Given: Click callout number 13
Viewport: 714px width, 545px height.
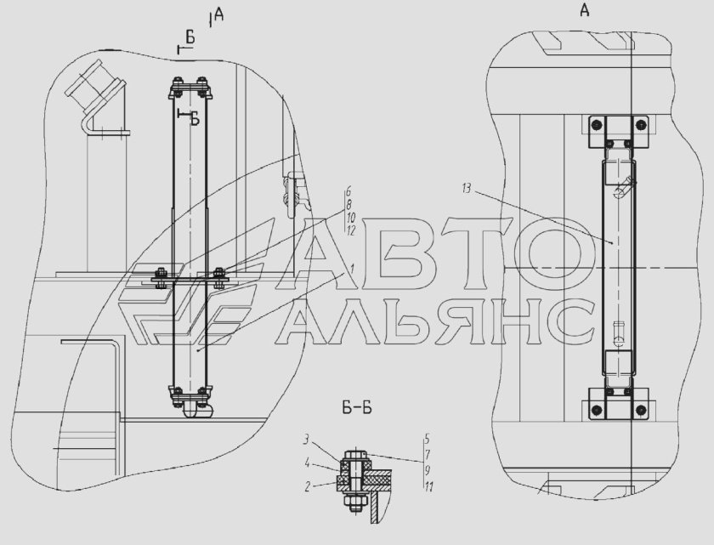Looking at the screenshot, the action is click(467, 188).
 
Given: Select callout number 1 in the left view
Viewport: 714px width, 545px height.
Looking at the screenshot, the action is click(352, 267).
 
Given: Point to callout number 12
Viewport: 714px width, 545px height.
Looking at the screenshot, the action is click(350, 230).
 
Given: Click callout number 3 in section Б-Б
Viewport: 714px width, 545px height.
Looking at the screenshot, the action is click(307, 440).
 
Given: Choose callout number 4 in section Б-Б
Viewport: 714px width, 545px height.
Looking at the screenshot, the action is click(308, 463).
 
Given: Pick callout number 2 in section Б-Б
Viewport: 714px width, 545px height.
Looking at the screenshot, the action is click(308, 487).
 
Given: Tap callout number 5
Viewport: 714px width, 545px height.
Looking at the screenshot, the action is click(427, 440).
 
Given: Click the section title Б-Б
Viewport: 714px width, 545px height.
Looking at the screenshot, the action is click(357, 408).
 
